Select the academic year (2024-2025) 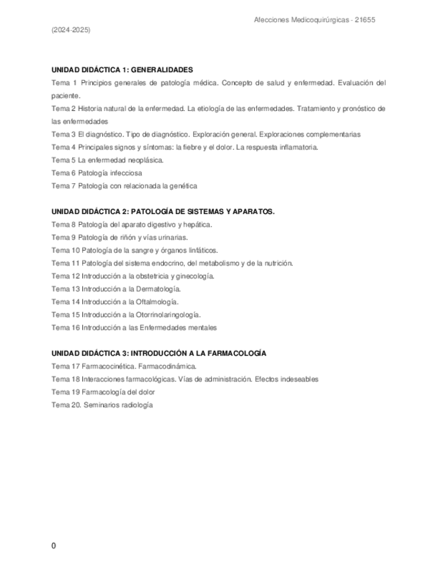pos(71,31)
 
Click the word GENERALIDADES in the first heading pos(162,70)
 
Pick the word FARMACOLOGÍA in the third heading pos(236,353)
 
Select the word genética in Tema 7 pos(183,186)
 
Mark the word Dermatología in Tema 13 pos(159,289)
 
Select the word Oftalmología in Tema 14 pos(158,302)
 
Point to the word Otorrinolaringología pos(167,314)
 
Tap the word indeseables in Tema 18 pos(297,379)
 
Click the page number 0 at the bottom pos(53,546)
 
